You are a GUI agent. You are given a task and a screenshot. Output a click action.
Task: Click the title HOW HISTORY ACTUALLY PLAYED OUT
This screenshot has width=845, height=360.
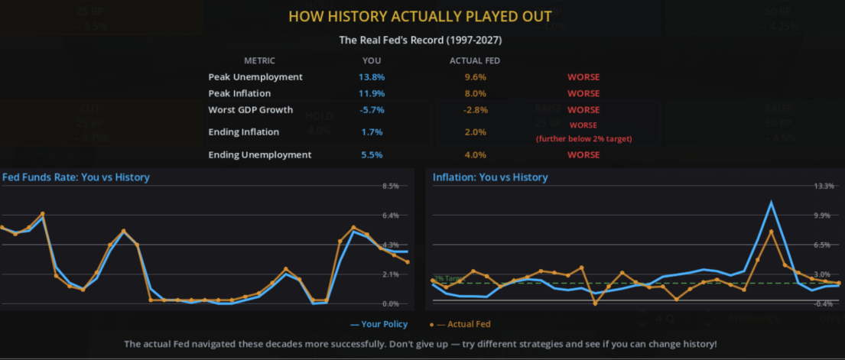[x=421, y=16]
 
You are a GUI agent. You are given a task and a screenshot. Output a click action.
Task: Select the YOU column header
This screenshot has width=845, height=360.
[x=371, y=60]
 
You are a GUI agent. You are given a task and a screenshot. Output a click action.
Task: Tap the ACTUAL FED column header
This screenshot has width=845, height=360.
[x=475, y=60]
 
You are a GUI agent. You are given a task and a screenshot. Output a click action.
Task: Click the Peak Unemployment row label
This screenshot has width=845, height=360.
[x=255, y=77]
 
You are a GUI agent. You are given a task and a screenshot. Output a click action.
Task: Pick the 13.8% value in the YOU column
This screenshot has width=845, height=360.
[x=371, y=77]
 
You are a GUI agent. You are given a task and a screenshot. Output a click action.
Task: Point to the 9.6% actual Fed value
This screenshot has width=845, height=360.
[x=475, y=77]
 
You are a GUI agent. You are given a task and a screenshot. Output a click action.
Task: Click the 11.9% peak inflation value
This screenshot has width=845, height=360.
[x=371, y=93]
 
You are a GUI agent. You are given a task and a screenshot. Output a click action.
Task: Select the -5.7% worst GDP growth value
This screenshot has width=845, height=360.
[x=371, y=110]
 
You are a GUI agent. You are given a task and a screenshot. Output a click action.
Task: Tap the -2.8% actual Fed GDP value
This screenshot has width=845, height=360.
[x=475, y=110]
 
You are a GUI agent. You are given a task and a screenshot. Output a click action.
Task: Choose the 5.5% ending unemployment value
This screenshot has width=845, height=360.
[x=371, y=155]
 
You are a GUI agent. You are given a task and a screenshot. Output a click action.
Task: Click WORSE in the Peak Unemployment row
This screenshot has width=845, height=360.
[x=583, y=77]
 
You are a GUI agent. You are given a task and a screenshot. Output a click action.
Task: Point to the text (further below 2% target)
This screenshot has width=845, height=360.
[x=583, y=138]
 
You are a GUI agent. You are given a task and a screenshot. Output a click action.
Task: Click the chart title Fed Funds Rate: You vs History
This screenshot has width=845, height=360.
[x=76, y=177]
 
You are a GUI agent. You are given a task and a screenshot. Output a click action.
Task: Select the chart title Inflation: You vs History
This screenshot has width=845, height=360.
[x=490, y=177]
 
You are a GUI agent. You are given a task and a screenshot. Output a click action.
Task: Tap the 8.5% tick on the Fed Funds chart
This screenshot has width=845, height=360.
[x=390, y=186]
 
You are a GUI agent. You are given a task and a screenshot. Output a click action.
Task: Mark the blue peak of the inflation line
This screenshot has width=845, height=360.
[x=772, y=203]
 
